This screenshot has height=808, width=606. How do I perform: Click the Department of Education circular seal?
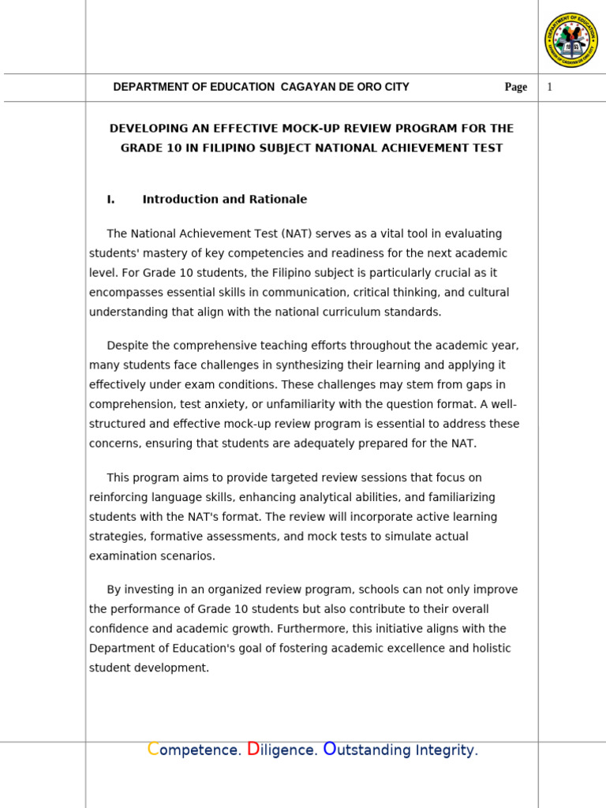[x=571, y=40]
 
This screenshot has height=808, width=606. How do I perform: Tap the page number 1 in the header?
[x=549, y=87]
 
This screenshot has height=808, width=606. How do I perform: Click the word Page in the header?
[x=516, y=87]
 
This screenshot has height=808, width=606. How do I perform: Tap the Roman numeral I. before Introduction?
[x=110, y=200]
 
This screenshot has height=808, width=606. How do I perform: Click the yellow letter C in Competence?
[x=153, y=749]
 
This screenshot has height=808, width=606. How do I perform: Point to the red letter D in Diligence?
[x=252, y=749]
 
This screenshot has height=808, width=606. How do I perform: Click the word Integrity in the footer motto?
[x=447, y=750]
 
